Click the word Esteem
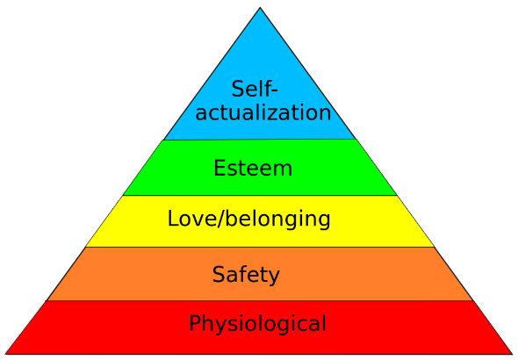(x=253, y=168)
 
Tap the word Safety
(x=246, y=275)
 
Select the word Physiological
(x=257, y=324)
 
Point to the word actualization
(x=263, y=112)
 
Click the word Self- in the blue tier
(x=255, y=89)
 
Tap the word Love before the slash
(x=192, y=219)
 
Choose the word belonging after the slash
(x=278, y=220)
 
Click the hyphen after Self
(x=274, y=90)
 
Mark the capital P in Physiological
(x=195, y=323)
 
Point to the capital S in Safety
(x=219, y=274)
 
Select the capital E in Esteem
(x=219, y=168)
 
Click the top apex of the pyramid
(x=260, y=7)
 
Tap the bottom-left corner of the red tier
(x=5, y=354)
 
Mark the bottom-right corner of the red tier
(x=513, y=354)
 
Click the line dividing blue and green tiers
(x=260, y=140)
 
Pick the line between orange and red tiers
(x=260, y=300)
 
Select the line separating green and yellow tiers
(x=260, y=196)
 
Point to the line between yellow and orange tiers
(x=260, y=247)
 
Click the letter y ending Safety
(x=275, y=277)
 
